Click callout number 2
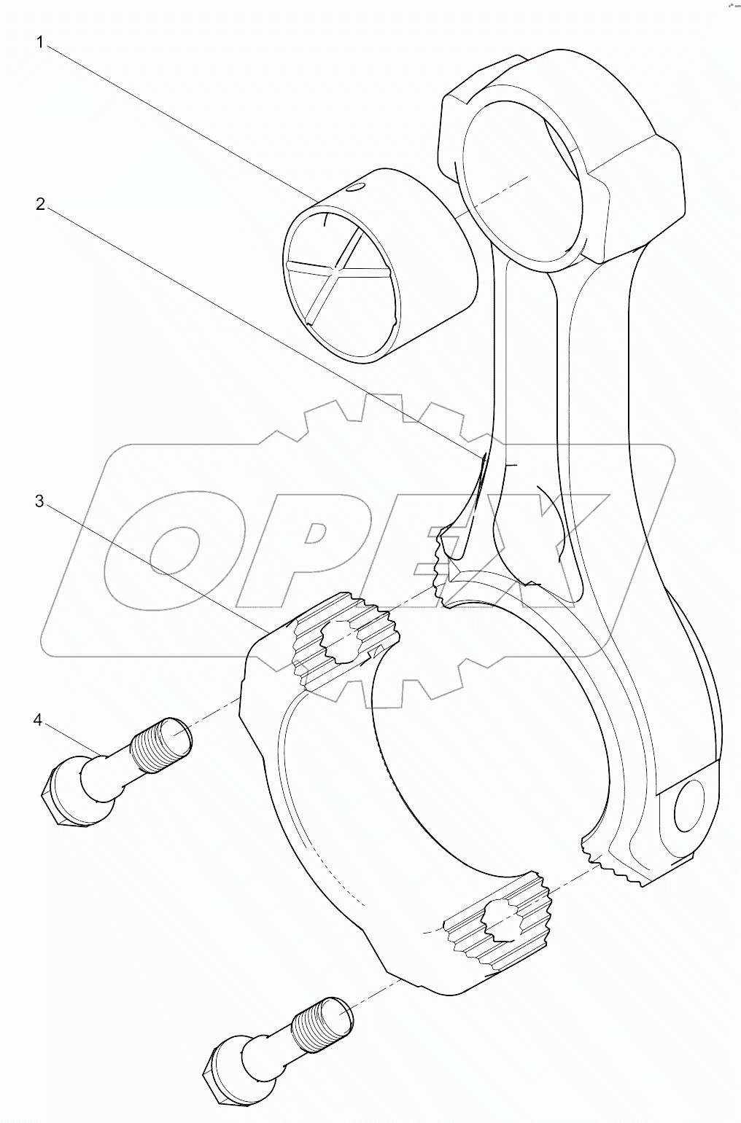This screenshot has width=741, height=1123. pyautogui.click(x=41, y=205)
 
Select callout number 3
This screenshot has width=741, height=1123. pyautogui.click(x=41, y=501)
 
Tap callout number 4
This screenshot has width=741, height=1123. pyautogui.click(x=38, y=721)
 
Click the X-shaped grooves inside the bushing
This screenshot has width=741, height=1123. pyautogui.click(x=339, y=270)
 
